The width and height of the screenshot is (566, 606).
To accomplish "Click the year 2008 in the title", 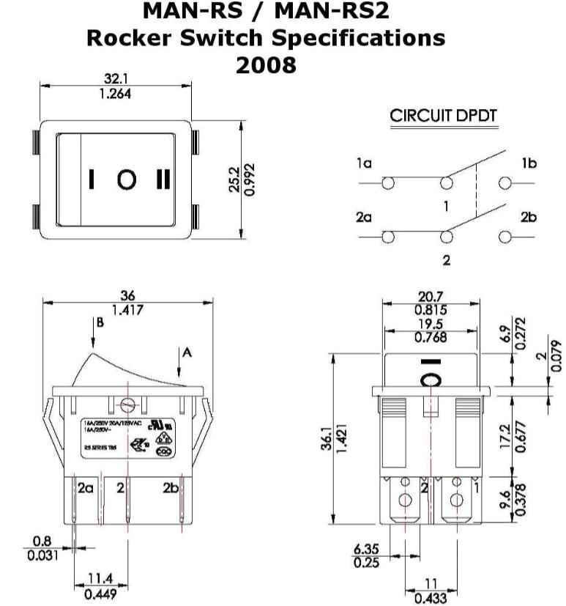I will pos(266,64).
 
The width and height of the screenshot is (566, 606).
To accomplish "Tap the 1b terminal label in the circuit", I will pos(529,164).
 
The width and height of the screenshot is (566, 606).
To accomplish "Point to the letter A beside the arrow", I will pos(187,352).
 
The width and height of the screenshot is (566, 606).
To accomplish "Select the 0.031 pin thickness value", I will pos(42,555).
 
